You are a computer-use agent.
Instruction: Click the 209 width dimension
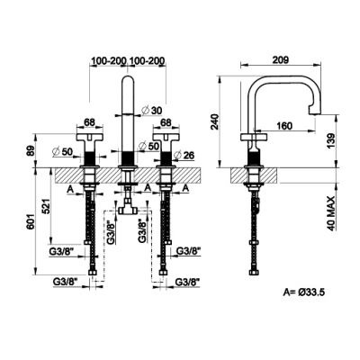point(280,59)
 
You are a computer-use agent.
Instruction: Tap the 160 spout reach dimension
point(283,126)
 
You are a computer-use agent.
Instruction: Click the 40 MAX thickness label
point(330,213)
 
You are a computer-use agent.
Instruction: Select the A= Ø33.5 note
point(303,292)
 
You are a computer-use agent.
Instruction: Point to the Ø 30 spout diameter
point(151,111)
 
